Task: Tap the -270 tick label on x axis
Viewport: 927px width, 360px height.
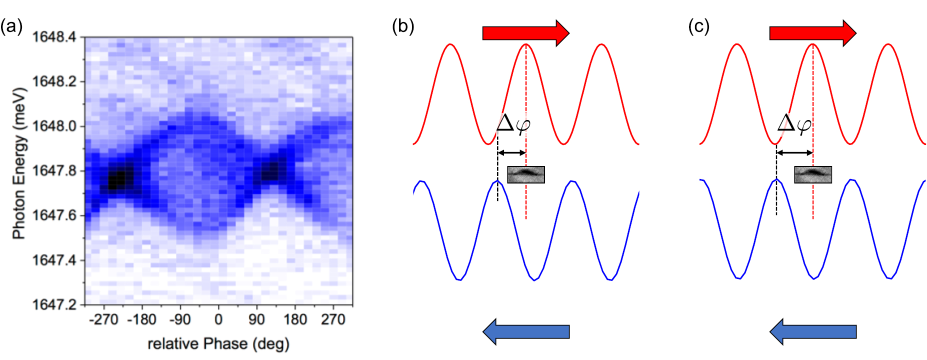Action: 103,319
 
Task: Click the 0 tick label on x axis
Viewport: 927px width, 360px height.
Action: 218,319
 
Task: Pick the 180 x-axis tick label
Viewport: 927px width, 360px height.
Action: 295,319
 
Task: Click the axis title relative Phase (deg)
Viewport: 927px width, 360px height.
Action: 218,344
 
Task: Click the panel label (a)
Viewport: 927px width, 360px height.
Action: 11,26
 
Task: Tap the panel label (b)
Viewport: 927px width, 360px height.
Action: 403,26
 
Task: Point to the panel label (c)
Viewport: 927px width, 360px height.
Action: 698,26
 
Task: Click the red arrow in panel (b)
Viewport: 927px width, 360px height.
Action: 525,33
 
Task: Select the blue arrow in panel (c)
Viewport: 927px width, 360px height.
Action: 812,331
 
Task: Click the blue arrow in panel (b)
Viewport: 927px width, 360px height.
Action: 525,331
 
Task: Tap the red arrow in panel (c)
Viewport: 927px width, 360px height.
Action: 812,33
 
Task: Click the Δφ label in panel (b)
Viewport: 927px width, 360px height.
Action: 513,123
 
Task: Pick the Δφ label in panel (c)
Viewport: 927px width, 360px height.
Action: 794,123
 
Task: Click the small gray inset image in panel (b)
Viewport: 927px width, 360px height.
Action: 526,174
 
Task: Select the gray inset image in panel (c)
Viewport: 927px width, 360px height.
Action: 813,174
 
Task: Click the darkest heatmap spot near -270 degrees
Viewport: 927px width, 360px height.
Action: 119,179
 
